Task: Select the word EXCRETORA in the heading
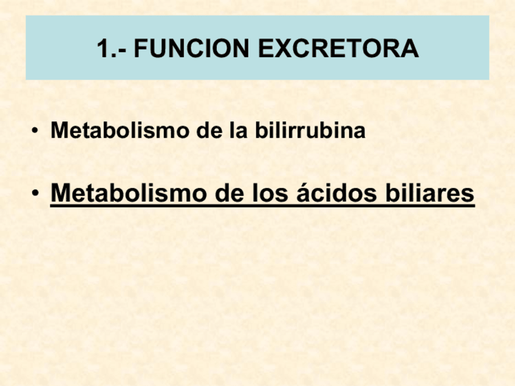[339, 49]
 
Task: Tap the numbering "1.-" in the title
[111, 49]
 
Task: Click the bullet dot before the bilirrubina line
[37, 131]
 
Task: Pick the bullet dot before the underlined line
[37, 194]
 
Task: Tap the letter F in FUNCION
[141, 49]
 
